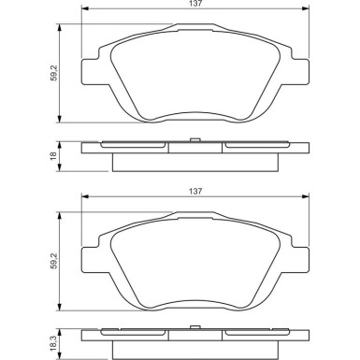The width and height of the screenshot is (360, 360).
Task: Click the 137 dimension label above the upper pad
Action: click(195, 4)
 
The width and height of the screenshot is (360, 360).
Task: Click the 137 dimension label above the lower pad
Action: click(195, 191)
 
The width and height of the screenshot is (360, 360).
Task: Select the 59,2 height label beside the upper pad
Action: click(54, 74)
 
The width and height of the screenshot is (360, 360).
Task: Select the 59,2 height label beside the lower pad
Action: click(54, 261)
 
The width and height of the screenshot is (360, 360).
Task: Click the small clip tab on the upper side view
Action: click(194, 140)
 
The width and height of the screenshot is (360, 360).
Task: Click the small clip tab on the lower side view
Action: click(194, 327)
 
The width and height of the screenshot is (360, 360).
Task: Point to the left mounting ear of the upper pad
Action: click(91, 72)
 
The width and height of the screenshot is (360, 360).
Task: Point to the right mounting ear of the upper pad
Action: click(300, 72)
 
